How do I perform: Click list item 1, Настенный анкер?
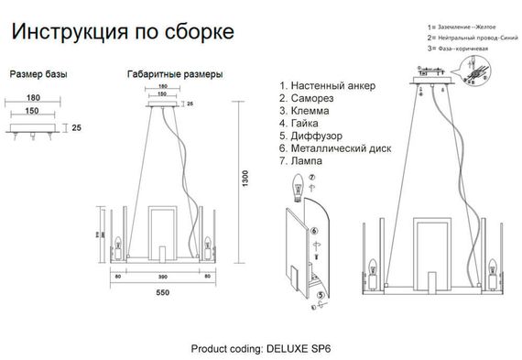[x=329, y=85]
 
